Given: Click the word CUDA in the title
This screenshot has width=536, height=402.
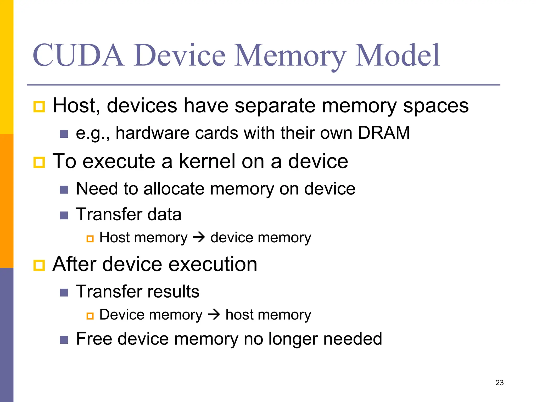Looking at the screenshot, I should (x=78, y=55).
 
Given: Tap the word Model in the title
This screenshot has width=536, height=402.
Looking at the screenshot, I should (x=398, y=55).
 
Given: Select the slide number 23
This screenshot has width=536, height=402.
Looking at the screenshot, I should (x=499, y=383).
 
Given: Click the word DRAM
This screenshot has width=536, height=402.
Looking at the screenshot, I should (x=383, y=133).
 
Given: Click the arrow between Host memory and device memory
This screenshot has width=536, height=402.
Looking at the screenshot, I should (x=199, y=237).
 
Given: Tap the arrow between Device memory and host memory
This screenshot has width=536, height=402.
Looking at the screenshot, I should (x=214, y=314).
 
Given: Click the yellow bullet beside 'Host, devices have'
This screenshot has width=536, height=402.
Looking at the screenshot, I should (x=39, y=107).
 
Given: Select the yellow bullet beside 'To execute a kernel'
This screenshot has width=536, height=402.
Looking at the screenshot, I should (x=39, y=162).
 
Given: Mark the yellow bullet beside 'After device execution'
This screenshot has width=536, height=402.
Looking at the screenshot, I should (x=39, y=265).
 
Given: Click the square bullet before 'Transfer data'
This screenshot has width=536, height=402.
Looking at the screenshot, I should (x=64, y=215).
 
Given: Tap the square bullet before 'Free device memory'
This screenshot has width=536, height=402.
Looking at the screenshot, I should (x=64, y=340).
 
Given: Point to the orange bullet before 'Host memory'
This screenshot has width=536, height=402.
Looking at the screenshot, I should (x=90, y=239).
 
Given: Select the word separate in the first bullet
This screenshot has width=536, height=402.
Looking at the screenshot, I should (x=275, y=106).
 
